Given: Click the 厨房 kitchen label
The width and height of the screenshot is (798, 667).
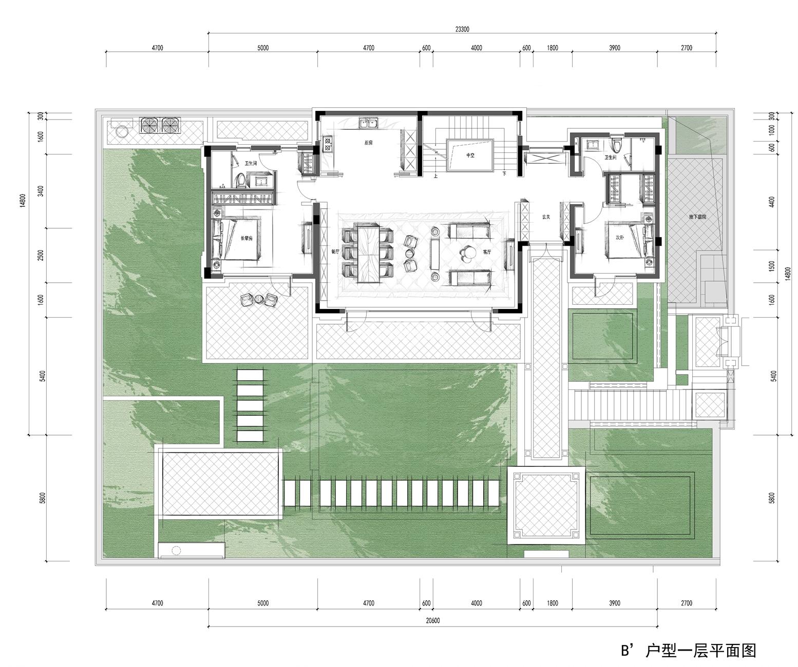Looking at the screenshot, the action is coord(368,143).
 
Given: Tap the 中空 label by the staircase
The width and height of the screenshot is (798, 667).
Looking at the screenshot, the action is coord(470,155).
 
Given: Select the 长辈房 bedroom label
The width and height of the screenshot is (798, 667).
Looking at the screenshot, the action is coord(246,238).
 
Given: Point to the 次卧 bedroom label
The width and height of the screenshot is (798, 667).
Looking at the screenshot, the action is coord(619,237).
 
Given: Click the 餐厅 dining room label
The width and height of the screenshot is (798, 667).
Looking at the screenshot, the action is coord(335,251).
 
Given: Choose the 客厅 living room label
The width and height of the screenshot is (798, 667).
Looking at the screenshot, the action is coord(486,252).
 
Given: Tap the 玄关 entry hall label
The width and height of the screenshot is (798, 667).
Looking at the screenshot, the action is coord(546,217).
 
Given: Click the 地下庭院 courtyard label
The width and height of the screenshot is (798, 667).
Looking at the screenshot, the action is coord(697,217).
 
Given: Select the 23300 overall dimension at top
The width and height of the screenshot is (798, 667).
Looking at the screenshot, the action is coord(462,29).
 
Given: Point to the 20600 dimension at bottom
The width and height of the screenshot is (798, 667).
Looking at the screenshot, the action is coord(432,621).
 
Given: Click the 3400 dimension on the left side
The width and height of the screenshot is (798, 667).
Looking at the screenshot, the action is coord(41,191).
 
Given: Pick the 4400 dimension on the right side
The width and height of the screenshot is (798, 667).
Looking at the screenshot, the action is coord(772,202).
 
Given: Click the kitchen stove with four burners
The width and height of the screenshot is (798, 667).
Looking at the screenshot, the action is coord(328,144).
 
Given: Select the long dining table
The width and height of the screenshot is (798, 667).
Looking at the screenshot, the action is coord(368,253).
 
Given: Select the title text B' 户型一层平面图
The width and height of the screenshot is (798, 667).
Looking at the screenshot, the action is coord(688,651).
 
